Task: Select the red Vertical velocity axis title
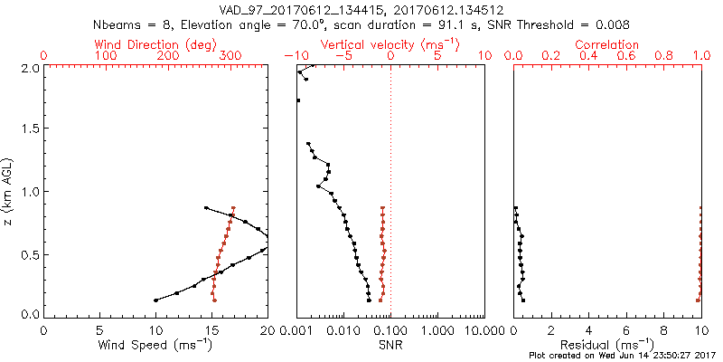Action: (390, 44)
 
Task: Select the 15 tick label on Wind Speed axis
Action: (211, 331)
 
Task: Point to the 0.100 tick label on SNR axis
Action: (390, 331)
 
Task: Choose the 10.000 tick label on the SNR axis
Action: (479, 331)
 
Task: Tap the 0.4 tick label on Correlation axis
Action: (588, 56)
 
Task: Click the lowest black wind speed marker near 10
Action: (155, 300)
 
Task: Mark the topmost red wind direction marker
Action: (233, 208)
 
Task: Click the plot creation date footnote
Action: (624, 356)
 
